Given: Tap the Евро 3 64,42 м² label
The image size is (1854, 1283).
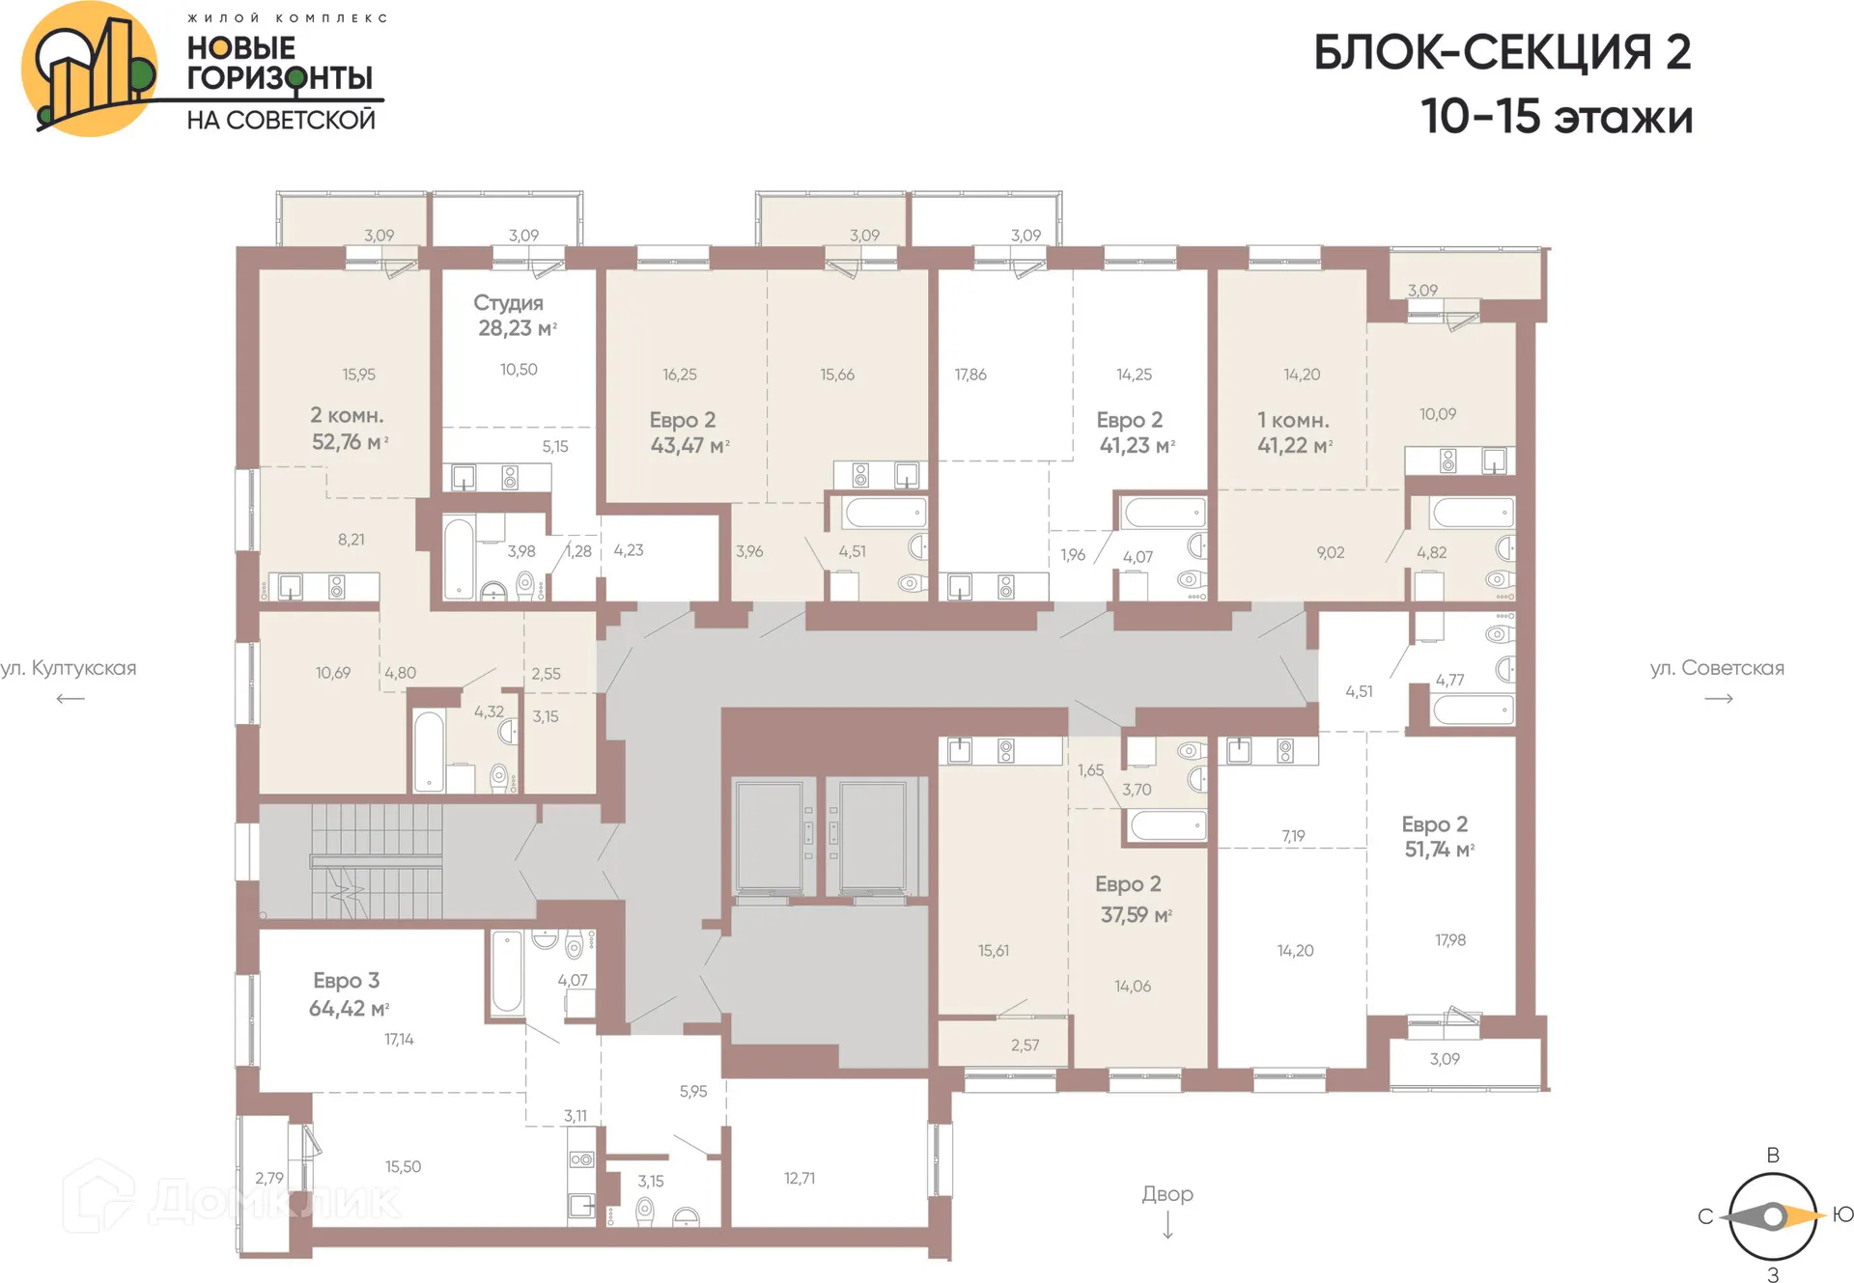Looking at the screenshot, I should coord(348,994).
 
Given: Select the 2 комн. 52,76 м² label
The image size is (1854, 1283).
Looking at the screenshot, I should coord(349,429).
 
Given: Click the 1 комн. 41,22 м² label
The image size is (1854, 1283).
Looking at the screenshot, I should coord(1294,432).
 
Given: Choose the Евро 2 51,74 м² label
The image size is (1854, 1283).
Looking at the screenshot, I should coord(1437,836).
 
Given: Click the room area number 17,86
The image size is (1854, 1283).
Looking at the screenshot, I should coord(970,375).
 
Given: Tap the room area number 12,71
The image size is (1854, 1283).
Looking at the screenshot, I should coord(799,1178).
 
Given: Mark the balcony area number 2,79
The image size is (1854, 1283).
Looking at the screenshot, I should coord(269,1178).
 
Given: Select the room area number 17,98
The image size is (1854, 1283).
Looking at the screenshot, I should coord(1449,939).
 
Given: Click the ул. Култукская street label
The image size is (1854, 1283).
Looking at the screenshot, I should coord(70,668).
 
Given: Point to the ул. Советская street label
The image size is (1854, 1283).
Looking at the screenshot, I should coord(1717,668).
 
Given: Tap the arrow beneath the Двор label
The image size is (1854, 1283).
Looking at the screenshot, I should coord(1167,1225).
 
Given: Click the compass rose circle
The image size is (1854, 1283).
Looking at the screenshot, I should coord(1772,1216).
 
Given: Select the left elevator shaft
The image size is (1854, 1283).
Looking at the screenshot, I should coord(769,836).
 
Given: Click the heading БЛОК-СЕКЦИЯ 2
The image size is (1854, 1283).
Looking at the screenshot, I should coord(1502,53).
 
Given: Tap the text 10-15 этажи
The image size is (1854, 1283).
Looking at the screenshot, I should coord(1556,117).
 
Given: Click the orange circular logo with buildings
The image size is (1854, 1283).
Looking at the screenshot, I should coord(89,70).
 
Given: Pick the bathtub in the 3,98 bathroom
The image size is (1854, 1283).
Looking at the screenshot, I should coord(459,557).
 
